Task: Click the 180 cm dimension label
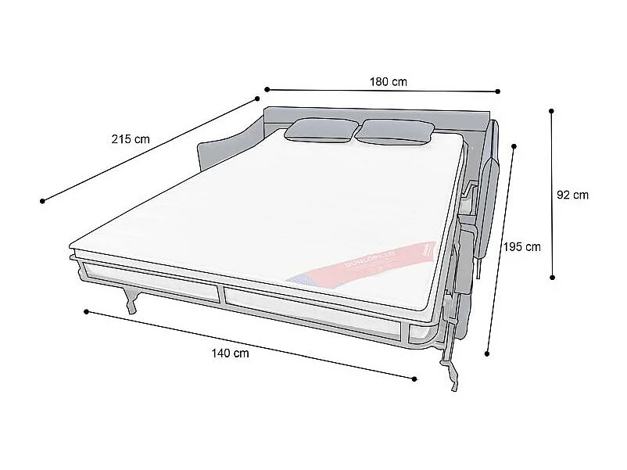[x=388, y=81]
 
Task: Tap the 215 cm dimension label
[x=131, y=139]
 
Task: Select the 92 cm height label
[x=572, y=196]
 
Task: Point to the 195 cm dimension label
[x=521, y=247]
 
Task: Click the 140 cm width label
[x=230, y=353]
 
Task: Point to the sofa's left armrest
[x=224, y=149]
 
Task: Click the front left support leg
[x=132, y=300]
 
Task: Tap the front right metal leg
[x=452, y=368]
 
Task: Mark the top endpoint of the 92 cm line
[x=552, y=111]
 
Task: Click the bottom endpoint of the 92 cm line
[x=553, y=277]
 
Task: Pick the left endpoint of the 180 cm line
[x=267, y=89]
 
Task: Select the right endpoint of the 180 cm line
[x=498, y=91]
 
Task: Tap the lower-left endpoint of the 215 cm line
[x=42, y=201]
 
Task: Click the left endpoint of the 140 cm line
[x=86, y=311]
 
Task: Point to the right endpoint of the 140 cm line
[x=414, y=379]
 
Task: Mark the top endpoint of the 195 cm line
[x=514, y=145]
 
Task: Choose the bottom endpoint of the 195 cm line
[x=488, y=353]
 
